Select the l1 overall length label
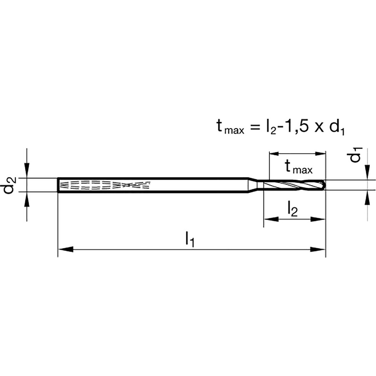coord(190,240)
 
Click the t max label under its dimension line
coord(298,167)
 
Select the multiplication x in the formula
coord(319,128)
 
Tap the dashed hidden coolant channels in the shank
coord(105,185)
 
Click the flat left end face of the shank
coord(58,185)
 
